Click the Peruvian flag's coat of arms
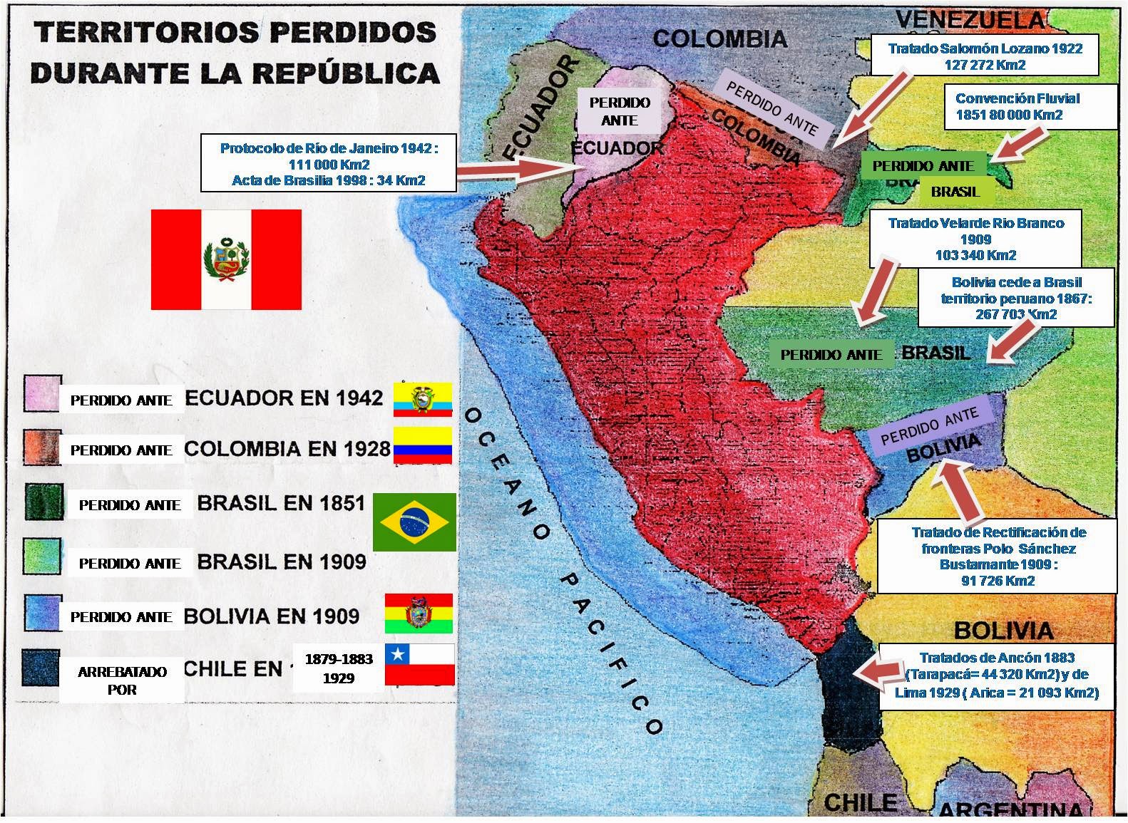(x=226, y=260)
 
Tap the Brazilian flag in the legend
(x=414, y=522)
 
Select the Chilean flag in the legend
(x=420, y=664)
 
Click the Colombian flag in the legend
(x=423, y=445)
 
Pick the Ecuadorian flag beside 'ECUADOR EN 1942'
(x=423, y=399)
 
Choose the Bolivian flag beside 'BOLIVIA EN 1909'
(x=419, y=614)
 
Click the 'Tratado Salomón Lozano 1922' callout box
(x=985, y=56)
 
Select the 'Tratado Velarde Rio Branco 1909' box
(x=975, y=239)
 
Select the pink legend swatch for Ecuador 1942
(x=41, y=394)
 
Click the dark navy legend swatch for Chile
(x=40, y=668)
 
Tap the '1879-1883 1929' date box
(x=338, y=668)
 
